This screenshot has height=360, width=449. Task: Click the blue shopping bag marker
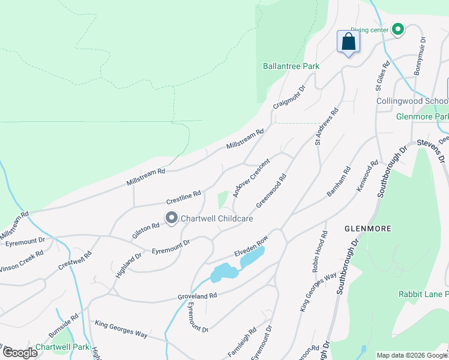point(348,42)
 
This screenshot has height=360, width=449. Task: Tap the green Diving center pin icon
point(397,29)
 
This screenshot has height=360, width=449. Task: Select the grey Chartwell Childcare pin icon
point(171,218)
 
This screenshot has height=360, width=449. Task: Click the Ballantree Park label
point(291,66)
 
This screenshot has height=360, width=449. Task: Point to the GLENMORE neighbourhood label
point(368,229)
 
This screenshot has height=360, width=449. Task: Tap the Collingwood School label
point(412,101)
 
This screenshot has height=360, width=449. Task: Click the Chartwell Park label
point(62,347)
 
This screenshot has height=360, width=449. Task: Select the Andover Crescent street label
point(252,179)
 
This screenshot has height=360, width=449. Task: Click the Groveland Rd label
point(196,296)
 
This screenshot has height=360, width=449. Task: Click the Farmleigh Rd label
point(242,340)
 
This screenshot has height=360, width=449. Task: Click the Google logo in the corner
point(20,352)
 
